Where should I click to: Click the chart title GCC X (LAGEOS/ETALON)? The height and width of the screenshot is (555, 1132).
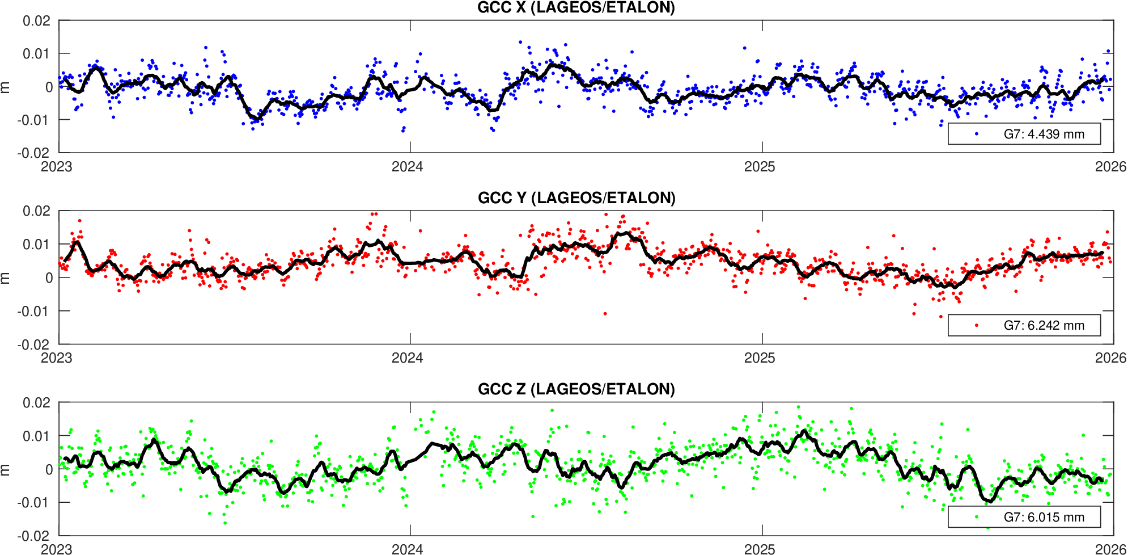click(x=576, y=8)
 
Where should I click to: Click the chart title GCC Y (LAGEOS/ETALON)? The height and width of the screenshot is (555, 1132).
click(x=576, y=198)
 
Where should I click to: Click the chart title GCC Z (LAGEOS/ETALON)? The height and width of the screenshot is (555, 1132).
click(x=576, y=389)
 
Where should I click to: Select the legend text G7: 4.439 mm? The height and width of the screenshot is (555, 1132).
click(x=1044, y=134)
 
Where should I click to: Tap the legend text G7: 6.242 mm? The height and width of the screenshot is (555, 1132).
click(x=1044, y=326)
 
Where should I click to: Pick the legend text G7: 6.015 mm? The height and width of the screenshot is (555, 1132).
click(x=1044, y=518)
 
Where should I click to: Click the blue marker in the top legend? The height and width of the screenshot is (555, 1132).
click(x=977, y=134)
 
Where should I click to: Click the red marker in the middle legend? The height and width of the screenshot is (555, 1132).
click(x=977, y=326)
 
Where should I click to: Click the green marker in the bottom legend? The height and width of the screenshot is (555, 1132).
click(x=977, y=518)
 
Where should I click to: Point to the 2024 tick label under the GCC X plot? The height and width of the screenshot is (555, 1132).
click(x=408, y=167)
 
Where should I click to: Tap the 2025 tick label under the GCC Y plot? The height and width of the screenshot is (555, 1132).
click(x=760, y=358)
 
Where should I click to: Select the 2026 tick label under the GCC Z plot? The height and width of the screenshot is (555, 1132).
click(x=1110, y=549)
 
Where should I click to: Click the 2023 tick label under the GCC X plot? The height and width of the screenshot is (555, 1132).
click(x=57, y=167)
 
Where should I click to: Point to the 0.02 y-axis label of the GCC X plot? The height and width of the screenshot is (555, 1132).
click(x=36, y=22)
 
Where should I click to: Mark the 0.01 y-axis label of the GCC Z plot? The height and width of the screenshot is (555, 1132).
click(x=36, y=436)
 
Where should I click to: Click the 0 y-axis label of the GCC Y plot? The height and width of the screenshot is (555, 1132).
click(x=49, y=278)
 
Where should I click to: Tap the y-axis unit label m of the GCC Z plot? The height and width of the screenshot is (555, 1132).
click(x=6, y=469)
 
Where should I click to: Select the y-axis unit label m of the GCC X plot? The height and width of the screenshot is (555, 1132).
click(x=6, y=87)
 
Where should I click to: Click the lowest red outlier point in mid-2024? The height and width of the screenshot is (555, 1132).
click(x=605, y=314)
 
